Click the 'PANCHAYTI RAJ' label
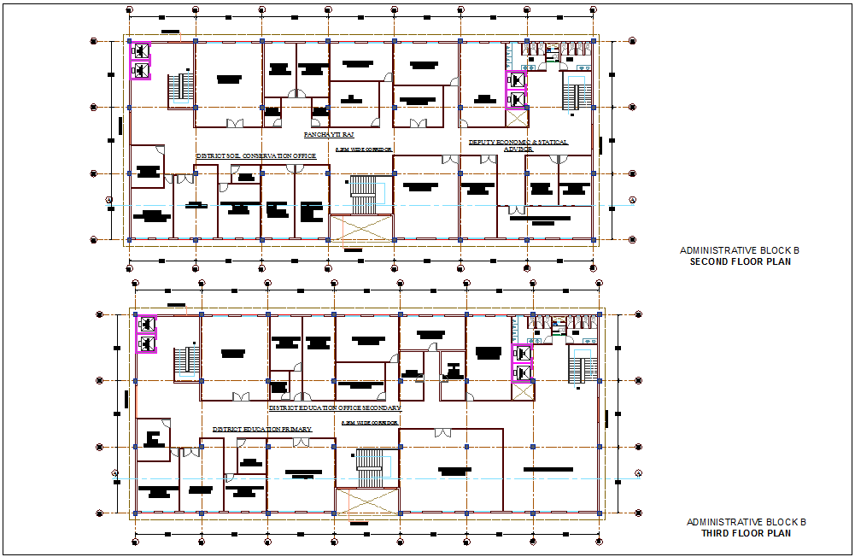point(329,135)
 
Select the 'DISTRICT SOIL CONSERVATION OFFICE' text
point(256,156)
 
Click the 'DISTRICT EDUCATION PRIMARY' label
point(262,429)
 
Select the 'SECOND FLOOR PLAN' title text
point(740,261)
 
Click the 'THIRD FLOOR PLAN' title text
point(747,533)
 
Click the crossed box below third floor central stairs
point(367,501)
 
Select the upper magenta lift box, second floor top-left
point(140,50)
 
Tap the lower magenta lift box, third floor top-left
point(146,343)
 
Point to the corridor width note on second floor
point(365,150)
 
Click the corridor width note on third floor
point(370,423)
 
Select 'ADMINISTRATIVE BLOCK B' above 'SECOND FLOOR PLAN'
point(739,250)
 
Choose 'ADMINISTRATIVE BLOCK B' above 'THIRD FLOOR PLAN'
point(747,522)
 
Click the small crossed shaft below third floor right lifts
point(522,391)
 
